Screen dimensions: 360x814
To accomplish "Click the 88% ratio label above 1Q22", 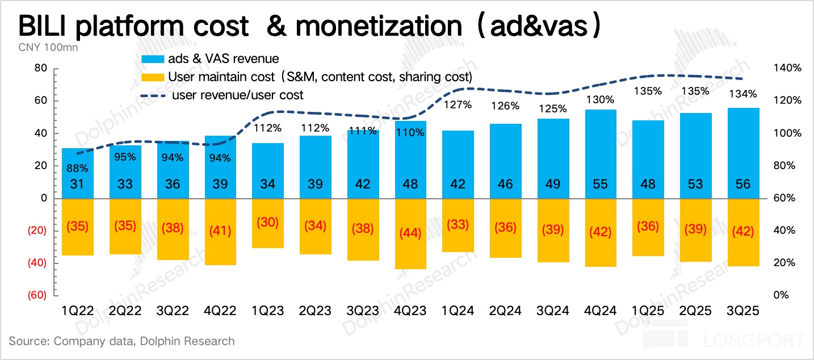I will [x=77, y=168].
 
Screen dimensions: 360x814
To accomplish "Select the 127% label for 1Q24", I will [x=458, y=104].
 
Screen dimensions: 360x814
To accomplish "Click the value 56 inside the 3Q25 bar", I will [x=742, y=184].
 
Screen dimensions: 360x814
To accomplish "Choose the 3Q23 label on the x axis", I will [x=362, y=311].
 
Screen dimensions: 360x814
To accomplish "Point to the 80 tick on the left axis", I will [x=40, y=68].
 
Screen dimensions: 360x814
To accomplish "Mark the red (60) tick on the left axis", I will [x=36, y=295].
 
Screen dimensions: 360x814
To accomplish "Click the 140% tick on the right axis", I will [x=787, y=68].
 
